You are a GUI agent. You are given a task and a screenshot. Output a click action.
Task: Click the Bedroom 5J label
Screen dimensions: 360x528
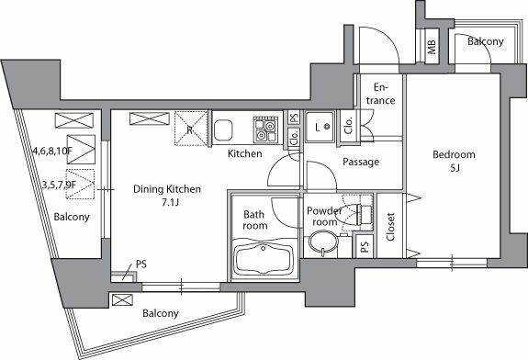tap(454, 161)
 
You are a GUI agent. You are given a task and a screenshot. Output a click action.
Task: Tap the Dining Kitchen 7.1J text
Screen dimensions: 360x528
tap(166, 196)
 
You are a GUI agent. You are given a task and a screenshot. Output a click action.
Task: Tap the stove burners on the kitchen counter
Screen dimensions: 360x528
tap(266, 127)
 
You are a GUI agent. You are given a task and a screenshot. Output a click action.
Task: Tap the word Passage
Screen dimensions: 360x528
tap(360, 163)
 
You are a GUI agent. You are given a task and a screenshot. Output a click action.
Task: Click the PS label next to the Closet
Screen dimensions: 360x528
tap(365, 246)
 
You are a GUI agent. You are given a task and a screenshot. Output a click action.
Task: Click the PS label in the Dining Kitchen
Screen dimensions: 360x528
tap(140, 264)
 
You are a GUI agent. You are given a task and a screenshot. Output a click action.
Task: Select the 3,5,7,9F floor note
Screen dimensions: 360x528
tap(52, 184)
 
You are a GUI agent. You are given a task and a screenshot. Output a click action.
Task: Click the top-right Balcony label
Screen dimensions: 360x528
tap(484, 42)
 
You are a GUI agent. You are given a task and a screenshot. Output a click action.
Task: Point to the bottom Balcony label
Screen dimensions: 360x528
tap(161, 313)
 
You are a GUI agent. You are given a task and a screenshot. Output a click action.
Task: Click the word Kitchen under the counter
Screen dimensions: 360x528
tap(245, 153)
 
